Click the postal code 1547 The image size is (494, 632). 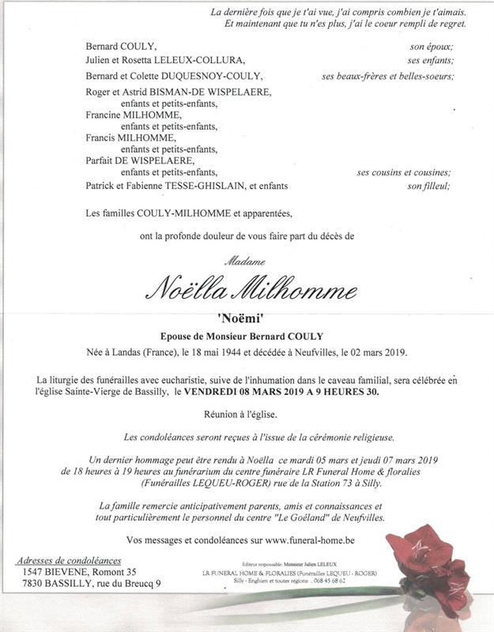coord(34,571)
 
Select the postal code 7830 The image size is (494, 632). coord(34,583)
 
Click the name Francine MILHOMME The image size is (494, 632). coord(131,115)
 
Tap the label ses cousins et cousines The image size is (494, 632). coord(403,173)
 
